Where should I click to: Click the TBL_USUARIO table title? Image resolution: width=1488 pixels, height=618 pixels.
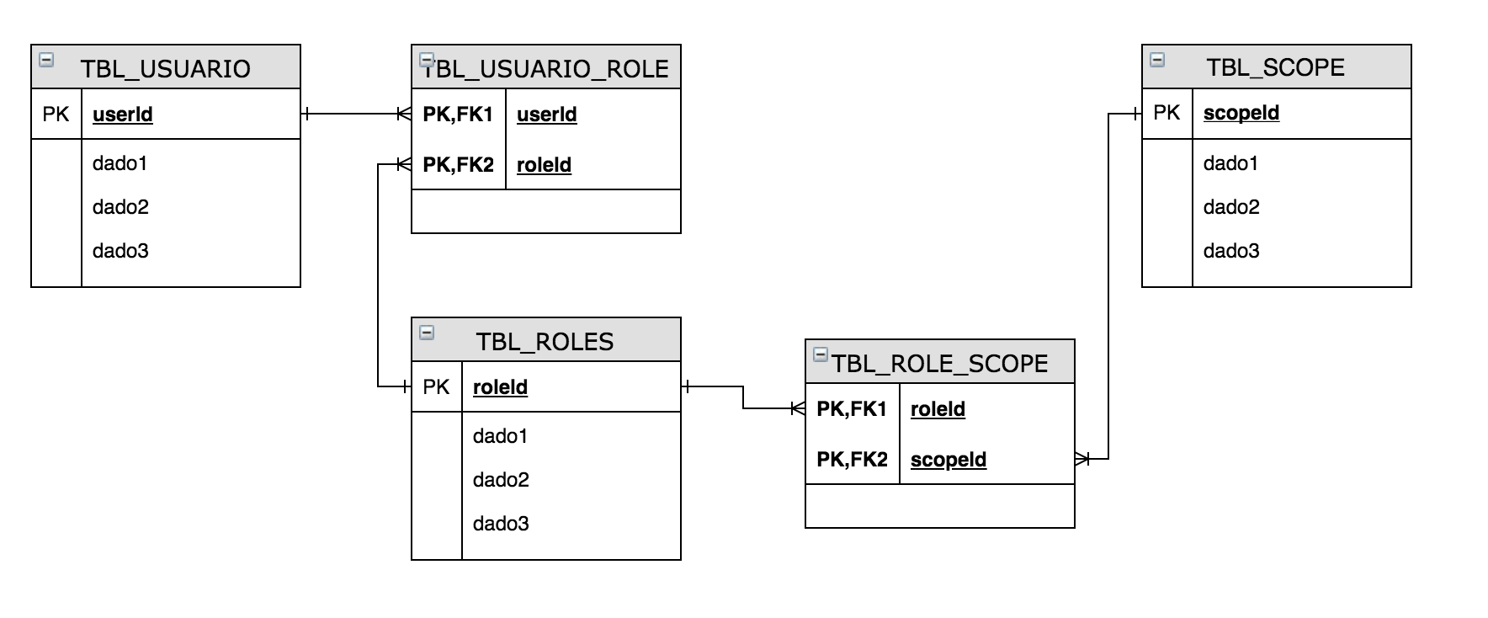pos(166,68)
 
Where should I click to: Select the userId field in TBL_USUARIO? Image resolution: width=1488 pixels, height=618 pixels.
pos(123,115)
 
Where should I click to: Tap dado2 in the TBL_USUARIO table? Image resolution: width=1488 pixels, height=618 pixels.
pos(120,207)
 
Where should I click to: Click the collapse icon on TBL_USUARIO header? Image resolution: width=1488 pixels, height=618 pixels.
pos(47,60)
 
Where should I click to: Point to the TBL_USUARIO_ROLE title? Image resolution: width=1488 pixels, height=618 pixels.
pos(546,68)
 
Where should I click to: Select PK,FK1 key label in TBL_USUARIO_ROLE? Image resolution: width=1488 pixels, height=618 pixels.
pos(458,115)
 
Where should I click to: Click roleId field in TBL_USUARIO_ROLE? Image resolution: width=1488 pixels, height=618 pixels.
pos(544,165)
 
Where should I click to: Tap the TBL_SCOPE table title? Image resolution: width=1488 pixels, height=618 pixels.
pos(1275,67)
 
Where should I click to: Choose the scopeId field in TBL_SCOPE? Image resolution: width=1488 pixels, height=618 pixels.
pos(1241,113)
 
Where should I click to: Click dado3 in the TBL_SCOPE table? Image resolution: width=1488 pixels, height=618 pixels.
pos(1231,251)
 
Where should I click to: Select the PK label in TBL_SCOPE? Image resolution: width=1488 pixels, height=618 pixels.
pos(1166,113)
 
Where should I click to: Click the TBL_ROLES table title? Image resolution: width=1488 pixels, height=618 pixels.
pos(545,341)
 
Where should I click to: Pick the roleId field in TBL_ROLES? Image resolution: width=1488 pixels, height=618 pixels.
pos(500,387)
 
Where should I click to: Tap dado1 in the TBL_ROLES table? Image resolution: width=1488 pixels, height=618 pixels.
pos(500,436)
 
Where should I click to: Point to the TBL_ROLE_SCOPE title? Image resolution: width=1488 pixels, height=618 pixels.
pos(940,363)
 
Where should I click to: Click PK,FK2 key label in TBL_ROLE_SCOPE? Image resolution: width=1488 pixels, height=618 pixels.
pos(852,460)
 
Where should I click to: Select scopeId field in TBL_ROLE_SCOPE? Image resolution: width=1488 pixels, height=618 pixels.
pos(949,460)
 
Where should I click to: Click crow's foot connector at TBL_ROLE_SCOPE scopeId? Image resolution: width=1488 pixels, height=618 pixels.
pos(1083,459)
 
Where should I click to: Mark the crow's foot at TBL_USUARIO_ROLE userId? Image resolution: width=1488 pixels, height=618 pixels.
pos(403,114)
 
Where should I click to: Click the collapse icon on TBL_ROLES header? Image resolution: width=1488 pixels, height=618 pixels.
pos(427,333)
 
